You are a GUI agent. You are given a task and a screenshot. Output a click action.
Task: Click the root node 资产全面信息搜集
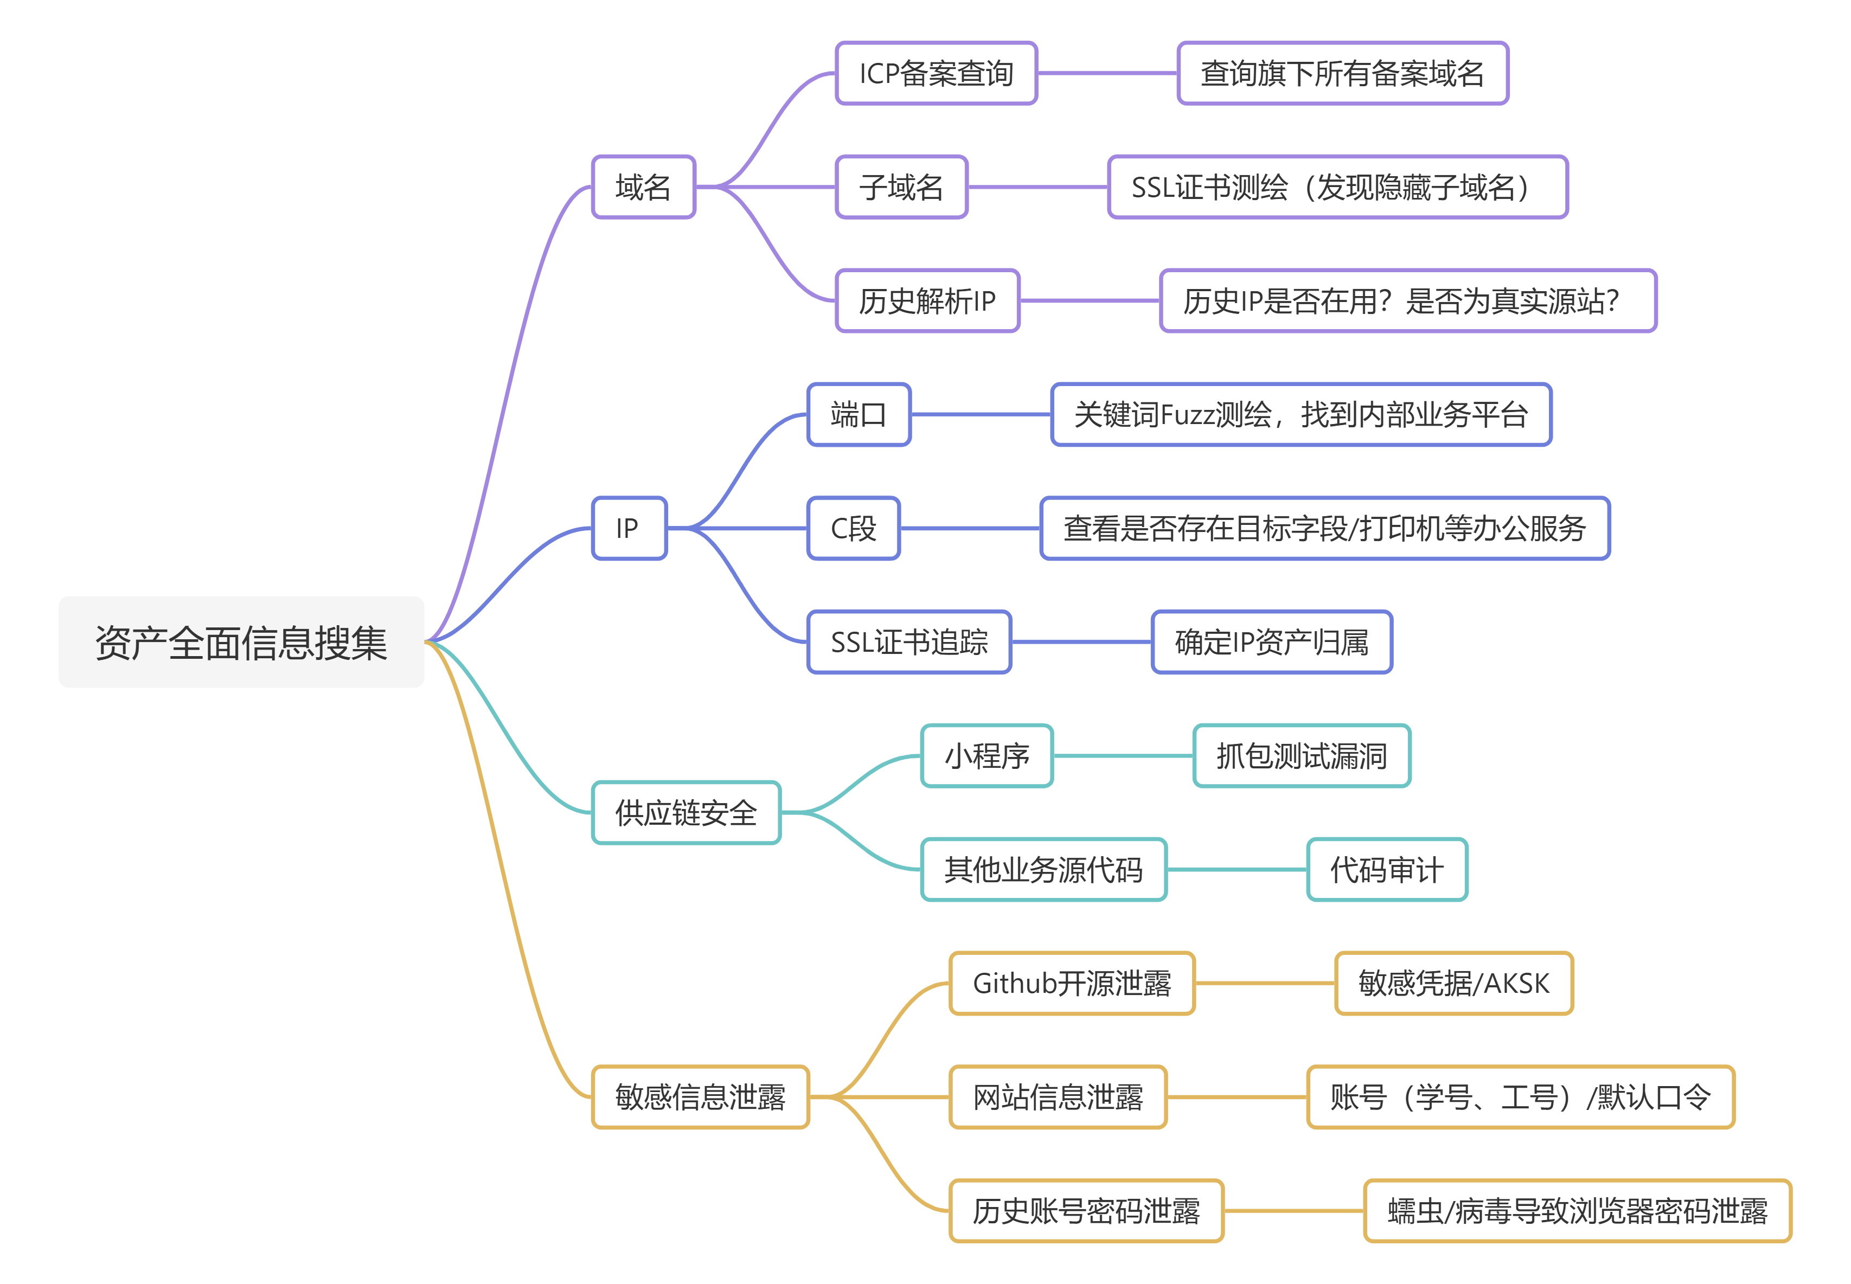(240, 642)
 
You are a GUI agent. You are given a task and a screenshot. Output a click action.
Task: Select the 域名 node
(643, 187)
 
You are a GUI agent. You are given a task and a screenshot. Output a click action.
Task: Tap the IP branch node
(628, 528)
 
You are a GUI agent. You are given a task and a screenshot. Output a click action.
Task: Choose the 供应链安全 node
(686, 813)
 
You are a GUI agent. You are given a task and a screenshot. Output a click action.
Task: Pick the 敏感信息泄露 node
(700, 1096)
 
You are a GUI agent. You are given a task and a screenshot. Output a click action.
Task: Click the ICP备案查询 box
(936, 73)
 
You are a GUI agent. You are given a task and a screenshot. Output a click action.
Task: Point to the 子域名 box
(901, 187)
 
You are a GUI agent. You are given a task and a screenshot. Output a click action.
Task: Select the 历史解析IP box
(927, 301)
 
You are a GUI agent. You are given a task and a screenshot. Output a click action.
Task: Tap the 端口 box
(859, 414)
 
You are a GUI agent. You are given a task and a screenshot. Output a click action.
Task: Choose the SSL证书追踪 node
(909, 642)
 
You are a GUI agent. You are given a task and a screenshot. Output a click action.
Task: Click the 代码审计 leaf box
(1386, 870)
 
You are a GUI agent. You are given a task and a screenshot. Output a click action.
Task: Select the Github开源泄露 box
(1072, 983)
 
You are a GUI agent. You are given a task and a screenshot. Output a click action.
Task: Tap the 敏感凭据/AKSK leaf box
(1453, 983)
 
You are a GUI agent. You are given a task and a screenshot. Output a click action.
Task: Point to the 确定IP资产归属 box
(1271, 642)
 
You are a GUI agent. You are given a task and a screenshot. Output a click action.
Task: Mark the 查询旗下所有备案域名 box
(1342, 73)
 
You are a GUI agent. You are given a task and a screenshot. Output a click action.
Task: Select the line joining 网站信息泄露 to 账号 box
(1237, 1096)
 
